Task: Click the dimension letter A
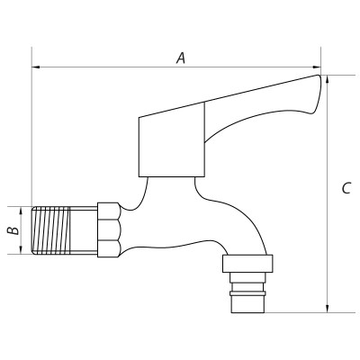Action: click(x=181, y=58)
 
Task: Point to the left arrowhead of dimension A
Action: click(x=36, y=67)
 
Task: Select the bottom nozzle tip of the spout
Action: click(x=247, y=302)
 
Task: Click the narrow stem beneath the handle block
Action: click(x=170, y=187)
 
